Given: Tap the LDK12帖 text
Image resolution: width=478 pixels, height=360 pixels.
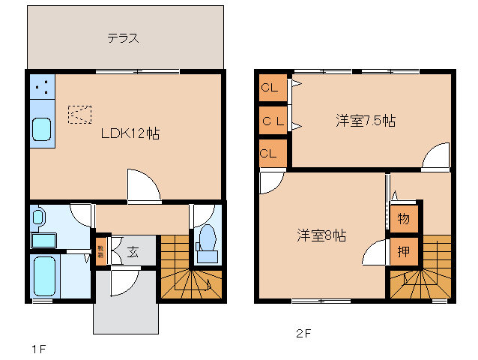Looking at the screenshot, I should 130,133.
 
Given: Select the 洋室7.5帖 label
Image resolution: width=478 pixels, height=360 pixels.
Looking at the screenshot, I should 365,120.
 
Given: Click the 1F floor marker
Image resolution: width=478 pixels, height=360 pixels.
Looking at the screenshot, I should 38,349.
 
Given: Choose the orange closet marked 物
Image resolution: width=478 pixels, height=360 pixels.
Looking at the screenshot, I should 403,218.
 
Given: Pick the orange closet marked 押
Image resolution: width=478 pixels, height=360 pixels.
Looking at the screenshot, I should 403,250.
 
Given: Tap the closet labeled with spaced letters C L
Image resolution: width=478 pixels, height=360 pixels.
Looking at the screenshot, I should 272,121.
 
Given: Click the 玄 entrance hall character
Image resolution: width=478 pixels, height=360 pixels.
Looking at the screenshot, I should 132,251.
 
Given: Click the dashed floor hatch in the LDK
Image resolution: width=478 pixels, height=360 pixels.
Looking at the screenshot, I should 79,113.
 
